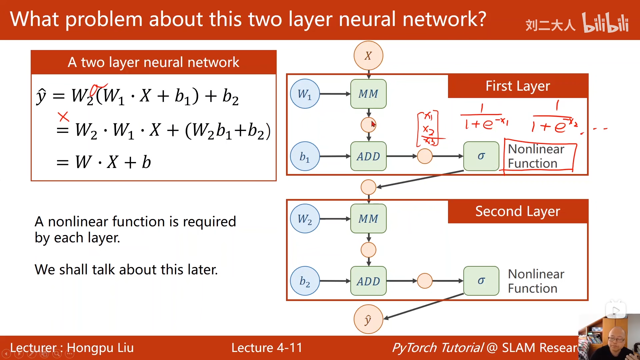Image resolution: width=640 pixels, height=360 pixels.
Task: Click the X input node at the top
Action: (368, 56)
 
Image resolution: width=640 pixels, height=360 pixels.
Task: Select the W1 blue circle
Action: (305, 94)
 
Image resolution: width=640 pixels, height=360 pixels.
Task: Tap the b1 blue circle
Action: (305, 156)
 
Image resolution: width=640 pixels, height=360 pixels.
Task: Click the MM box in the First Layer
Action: (368, 94)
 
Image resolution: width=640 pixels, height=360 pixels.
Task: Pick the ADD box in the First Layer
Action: (368, 156)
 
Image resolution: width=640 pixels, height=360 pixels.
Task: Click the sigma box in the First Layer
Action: (481, 156)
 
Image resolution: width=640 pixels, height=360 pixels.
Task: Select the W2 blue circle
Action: (305, 219)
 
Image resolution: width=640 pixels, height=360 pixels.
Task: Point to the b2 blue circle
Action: (305, 281)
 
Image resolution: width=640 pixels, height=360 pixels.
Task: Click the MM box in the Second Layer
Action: (368, 219)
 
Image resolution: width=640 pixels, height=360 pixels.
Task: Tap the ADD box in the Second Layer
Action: (368, 281)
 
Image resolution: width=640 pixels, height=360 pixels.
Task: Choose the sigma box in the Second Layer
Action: (481, 281)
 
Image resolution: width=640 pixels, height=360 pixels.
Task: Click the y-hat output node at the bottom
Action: (368, 319)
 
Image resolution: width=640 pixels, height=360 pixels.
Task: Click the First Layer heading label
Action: (518, 86)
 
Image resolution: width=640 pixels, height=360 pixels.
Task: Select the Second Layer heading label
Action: (518, 211)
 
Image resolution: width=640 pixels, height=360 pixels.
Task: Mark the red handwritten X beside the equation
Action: (63, 117)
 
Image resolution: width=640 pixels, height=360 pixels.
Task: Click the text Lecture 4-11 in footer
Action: (267, 348)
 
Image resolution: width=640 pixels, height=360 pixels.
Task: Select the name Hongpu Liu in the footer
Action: (100, 348)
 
